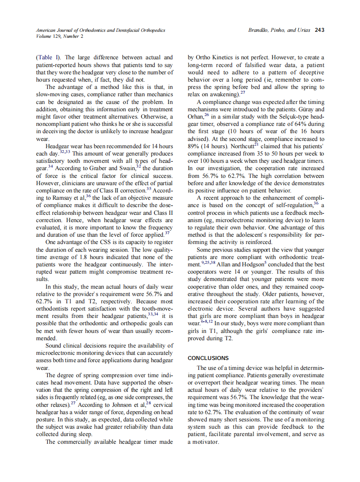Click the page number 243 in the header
(319, 30)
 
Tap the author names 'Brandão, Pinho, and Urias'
(280, 30)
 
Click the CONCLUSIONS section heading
(208, 358)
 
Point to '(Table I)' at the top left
(49, 57)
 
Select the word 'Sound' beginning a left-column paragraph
(54, 346)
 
